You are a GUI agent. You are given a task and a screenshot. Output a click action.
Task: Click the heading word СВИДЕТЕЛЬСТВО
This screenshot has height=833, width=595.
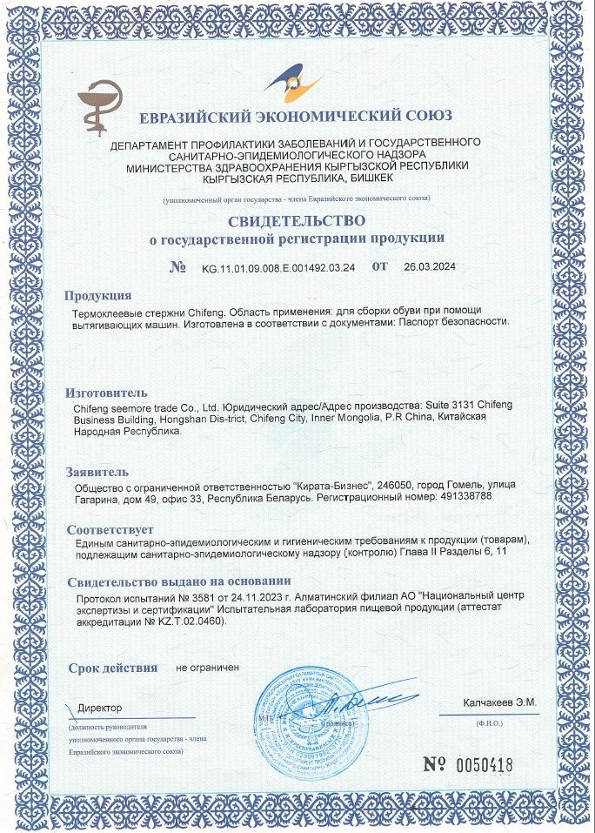point(297,221)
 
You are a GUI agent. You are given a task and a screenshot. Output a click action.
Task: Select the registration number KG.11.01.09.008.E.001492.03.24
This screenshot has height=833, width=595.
point(277,267)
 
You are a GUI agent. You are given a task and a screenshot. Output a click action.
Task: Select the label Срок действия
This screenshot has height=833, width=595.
point(113,668)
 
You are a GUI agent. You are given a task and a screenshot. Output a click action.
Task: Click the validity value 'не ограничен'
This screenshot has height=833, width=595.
point(207,668)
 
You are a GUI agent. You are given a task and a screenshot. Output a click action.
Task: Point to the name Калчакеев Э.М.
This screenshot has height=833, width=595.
point(499,702)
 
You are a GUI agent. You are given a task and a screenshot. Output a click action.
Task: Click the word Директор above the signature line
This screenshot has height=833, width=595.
point(100,708)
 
